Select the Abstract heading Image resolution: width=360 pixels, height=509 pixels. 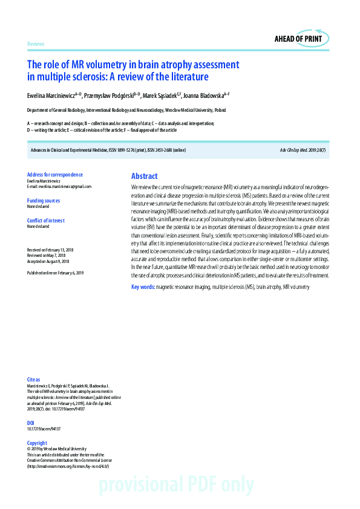pos(144,176)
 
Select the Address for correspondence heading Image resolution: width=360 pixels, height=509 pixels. pos(55,175)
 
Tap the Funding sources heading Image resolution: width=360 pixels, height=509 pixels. pos(44,201)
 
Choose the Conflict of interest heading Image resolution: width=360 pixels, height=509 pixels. pos(45,221)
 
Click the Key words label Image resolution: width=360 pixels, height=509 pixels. pos(143,287)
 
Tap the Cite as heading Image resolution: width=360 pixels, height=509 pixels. pos(34,380)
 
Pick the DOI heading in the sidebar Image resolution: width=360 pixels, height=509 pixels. pos(31,423)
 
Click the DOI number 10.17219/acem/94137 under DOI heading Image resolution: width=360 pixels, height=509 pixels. pos(44,429)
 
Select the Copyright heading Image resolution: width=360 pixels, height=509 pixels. pos(37,443)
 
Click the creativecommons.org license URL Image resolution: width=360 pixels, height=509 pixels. pos(68,466)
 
